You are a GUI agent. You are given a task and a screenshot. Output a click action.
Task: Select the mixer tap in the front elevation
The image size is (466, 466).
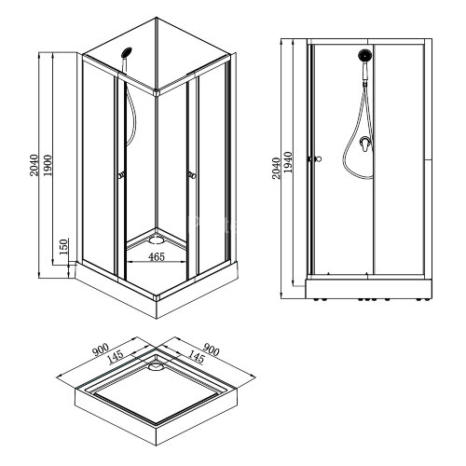pos(362,145)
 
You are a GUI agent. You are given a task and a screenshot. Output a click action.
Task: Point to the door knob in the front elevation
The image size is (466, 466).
pos(319,158)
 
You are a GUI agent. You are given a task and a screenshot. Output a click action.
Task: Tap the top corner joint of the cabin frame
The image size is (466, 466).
pos(156,91)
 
